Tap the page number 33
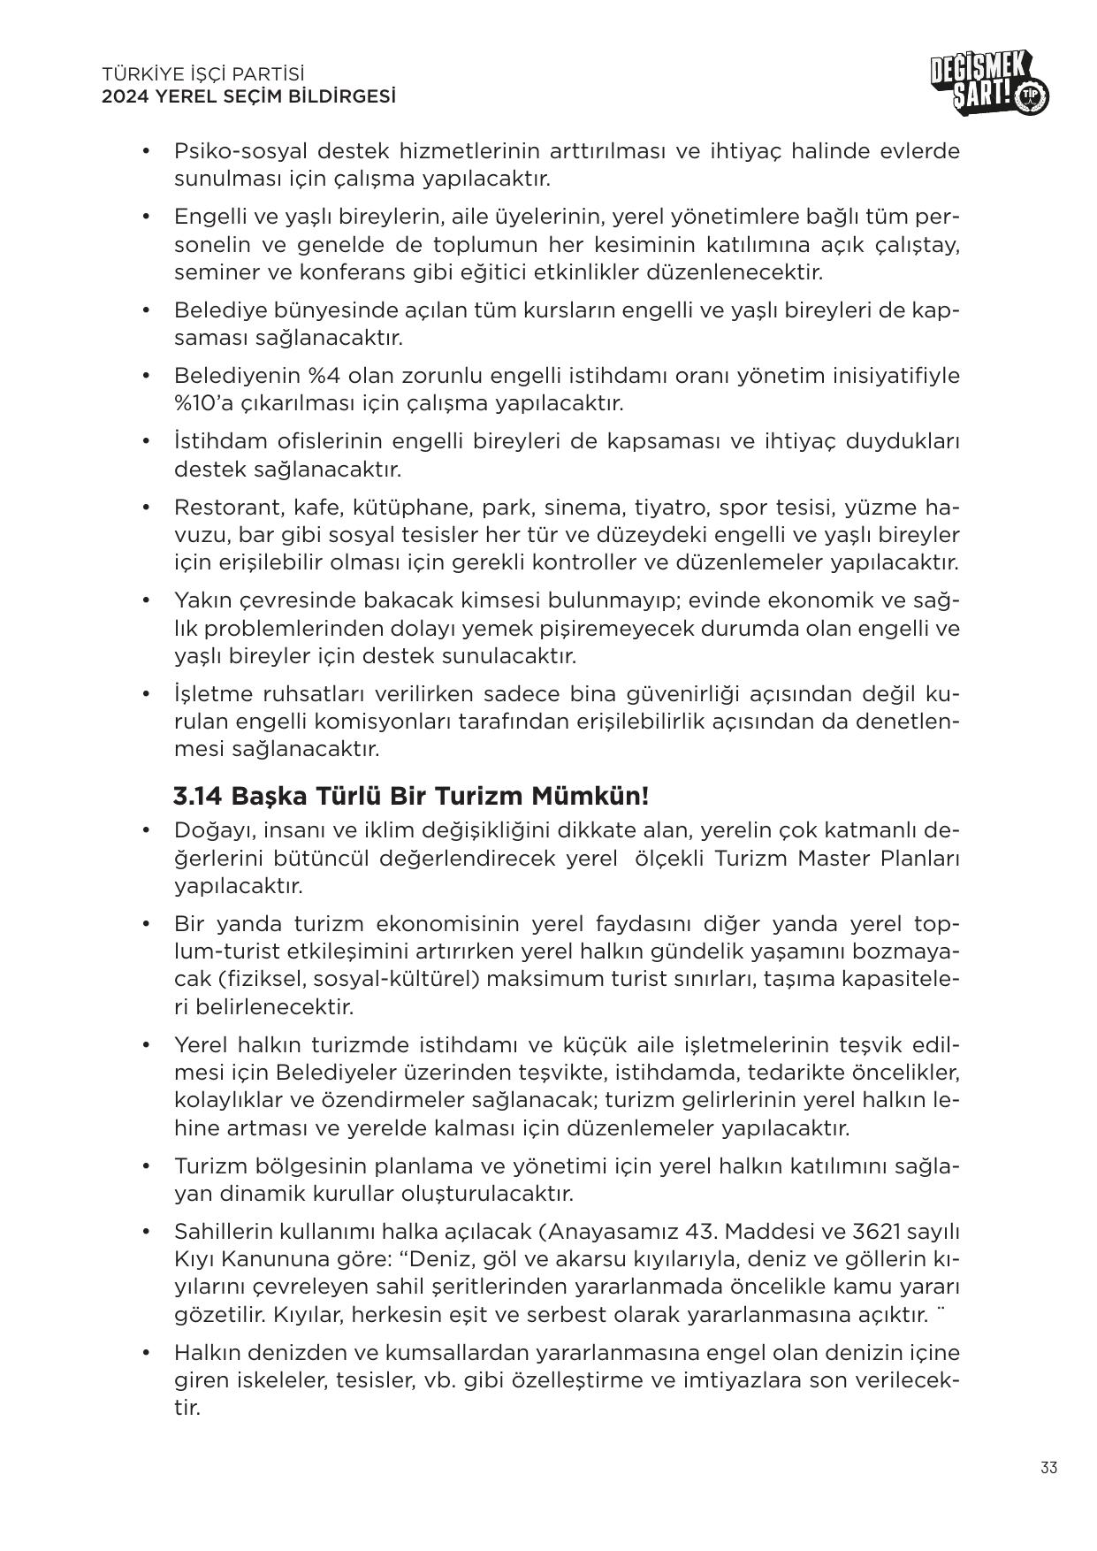(x=1048, y=1493)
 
